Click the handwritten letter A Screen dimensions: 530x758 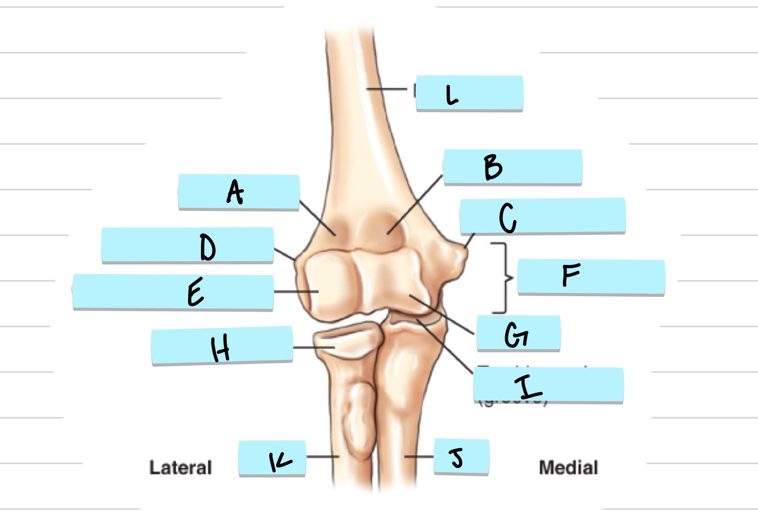tap(235, 192)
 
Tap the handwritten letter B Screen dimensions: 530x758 tap(493, 167)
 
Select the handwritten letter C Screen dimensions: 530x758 tap(507, 217)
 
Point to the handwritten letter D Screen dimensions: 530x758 tap(207, 248)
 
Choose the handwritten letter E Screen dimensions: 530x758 tap(195, 293)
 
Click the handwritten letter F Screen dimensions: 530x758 tap(571, 276)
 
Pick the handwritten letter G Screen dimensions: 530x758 tap(516, 334)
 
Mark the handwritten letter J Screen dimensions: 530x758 tap(457, 457)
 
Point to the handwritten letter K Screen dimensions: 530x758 tap(280, 461)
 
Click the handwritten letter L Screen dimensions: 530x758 tap(452, 95)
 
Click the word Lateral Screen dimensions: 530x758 tap(180, 467)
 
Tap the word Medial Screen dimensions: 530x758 tap(568, 467)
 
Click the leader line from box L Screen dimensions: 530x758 tap(387, 89)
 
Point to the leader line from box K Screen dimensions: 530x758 tap(322, 456)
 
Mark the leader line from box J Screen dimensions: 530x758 tap(419, 456)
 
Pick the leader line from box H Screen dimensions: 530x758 tap(313, 348)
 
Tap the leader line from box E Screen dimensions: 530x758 tap(295, 291)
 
